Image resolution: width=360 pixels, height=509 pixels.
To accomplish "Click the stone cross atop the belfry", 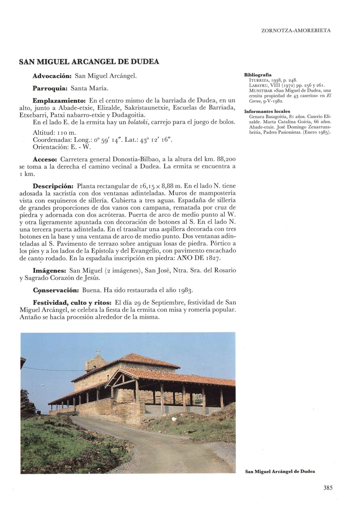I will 98,352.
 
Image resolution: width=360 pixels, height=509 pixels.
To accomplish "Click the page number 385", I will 328,487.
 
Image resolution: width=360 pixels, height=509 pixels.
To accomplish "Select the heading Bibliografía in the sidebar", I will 258,75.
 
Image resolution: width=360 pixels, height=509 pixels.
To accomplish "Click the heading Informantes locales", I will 267,111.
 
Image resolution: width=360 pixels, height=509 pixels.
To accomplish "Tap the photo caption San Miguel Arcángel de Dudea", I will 280,471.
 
